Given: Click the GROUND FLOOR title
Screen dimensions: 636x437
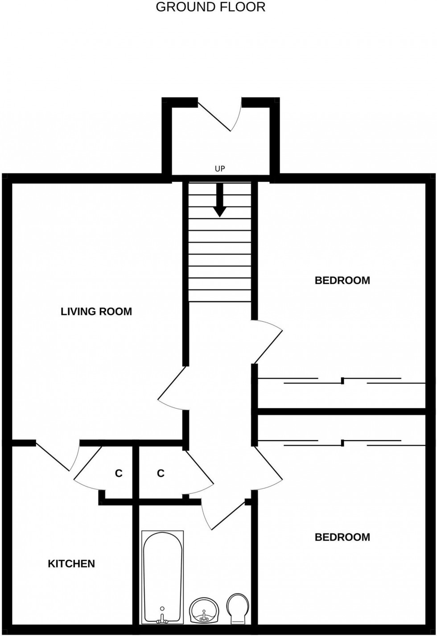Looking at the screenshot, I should tap(210, 7).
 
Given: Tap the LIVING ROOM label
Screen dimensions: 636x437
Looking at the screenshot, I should tap(96, 312).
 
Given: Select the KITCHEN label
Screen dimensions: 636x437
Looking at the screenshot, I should tap(71, 564).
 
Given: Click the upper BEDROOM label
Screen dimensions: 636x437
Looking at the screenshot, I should tap(342, 281).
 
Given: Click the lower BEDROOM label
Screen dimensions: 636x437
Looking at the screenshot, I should tap(342, 537).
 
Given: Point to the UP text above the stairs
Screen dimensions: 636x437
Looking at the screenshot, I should tap(219, 169).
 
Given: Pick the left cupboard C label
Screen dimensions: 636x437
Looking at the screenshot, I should tap(119, 473).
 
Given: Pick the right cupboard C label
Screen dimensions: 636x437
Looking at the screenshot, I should tap(161, 473).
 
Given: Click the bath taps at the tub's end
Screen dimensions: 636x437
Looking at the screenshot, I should tap(162, 619).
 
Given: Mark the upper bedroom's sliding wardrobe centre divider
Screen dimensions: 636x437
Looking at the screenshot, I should tap(342, 381).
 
